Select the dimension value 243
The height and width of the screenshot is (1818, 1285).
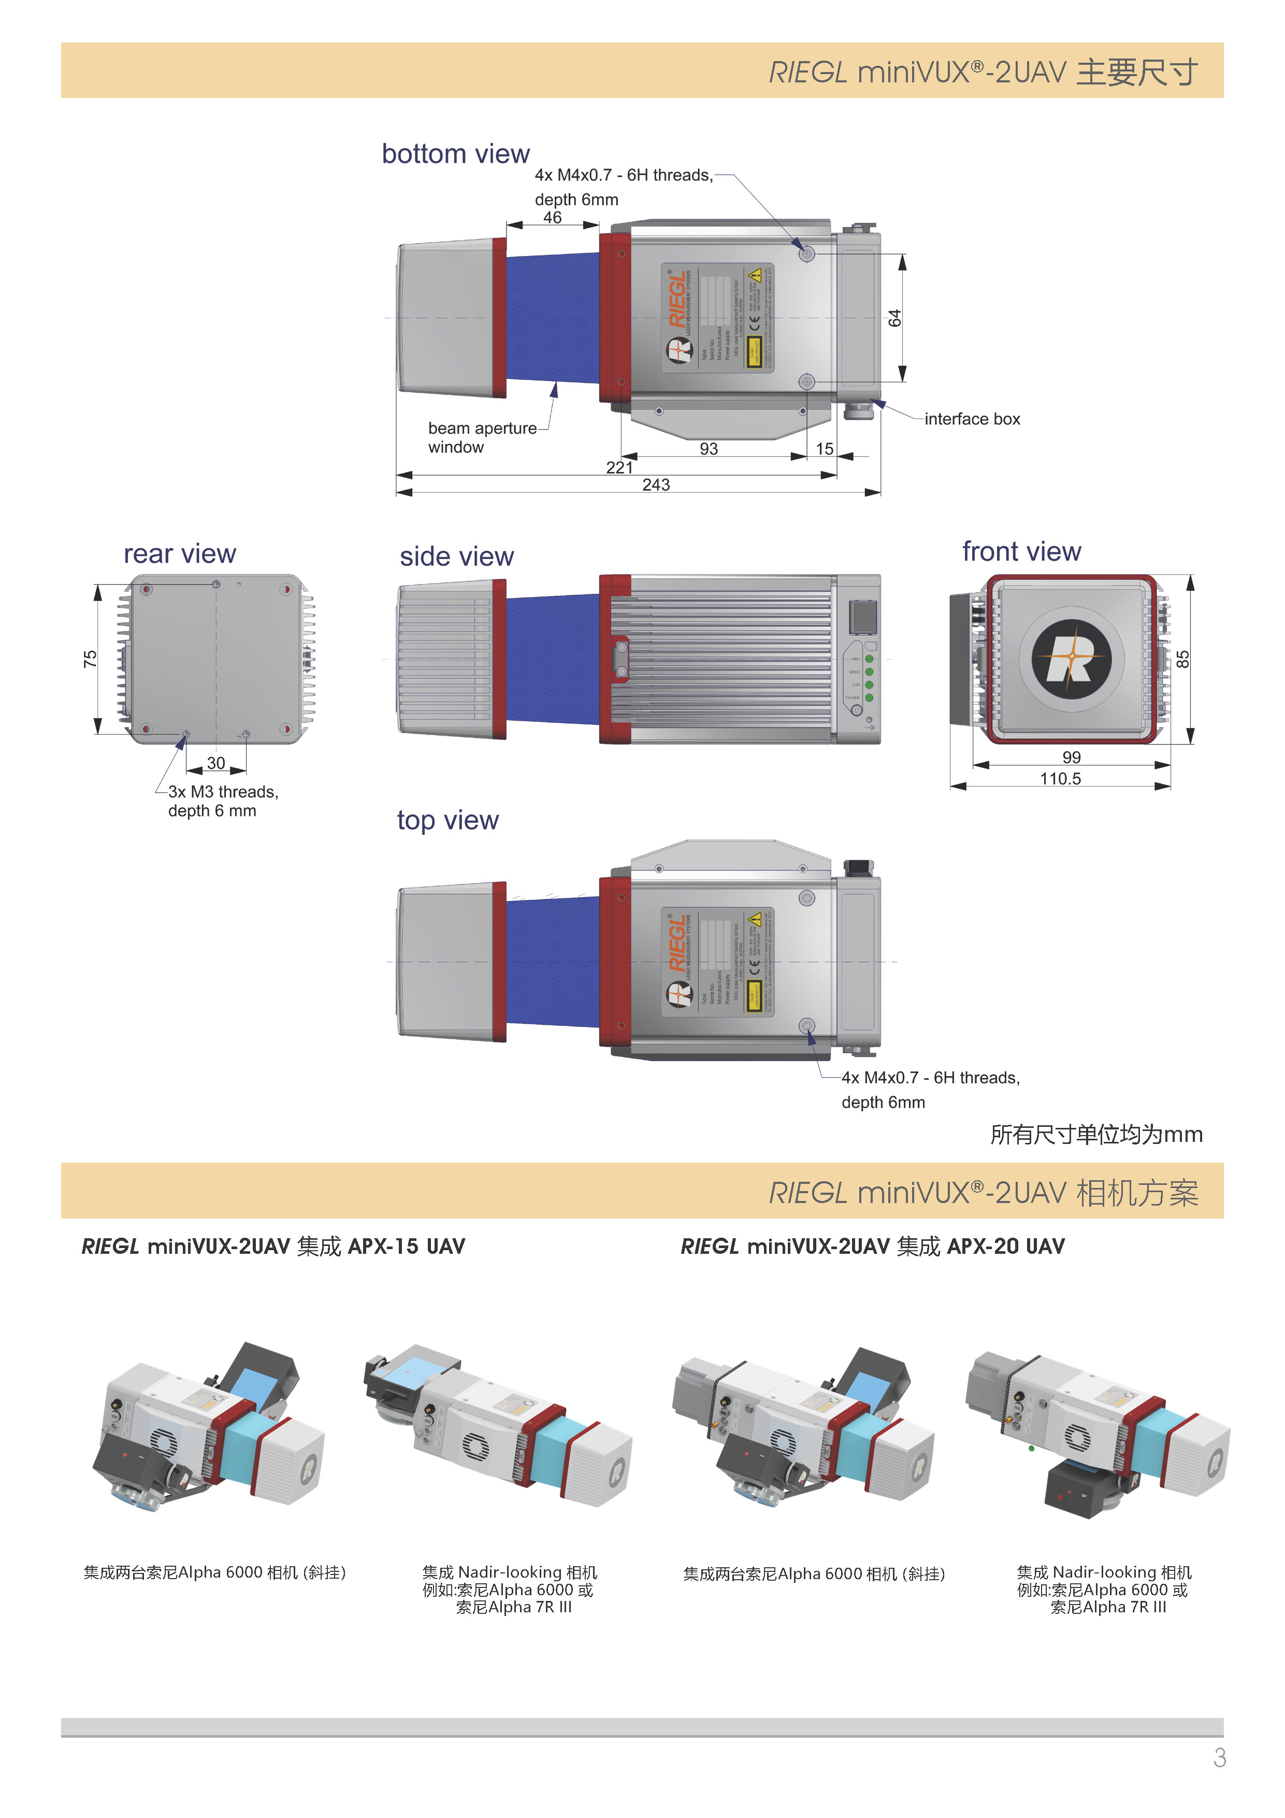(656, 484)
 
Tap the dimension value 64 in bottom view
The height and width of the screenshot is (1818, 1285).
(894, 318)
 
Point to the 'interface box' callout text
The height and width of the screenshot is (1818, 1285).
(972, 419)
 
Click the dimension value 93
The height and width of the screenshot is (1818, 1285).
(709, 449)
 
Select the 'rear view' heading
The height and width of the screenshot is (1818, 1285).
(180, 553)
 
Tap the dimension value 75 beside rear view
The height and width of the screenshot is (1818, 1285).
(90, 659)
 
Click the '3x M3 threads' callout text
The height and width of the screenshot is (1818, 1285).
(223, 792)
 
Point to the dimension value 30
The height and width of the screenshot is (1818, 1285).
(215, 763)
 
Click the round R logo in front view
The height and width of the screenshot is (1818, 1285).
(1071, 659)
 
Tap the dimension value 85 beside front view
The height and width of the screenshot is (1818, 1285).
(1182, 659)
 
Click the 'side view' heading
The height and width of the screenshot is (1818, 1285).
(456, 556)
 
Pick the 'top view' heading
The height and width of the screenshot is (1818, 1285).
(447, 820)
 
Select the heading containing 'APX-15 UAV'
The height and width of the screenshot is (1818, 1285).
(273, 1247)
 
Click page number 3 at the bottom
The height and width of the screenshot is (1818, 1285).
(1219, 1758)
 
